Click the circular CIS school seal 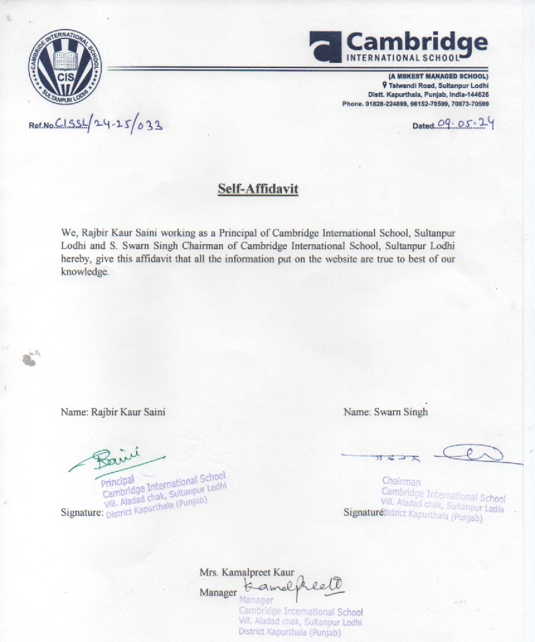64,66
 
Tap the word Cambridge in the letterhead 417,42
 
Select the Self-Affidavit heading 258,188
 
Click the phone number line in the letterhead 416,103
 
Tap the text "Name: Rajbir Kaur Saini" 113,412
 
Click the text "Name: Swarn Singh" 386,412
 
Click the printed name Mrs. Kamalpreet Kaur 247,572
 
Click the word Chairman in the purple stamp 401,481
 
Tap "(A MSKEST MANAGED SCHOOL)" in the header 439,76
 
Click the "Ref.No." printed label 42,125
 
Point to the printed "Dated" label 424,126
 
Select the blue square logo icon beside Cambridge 325,47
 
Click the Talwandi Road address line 438,85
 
